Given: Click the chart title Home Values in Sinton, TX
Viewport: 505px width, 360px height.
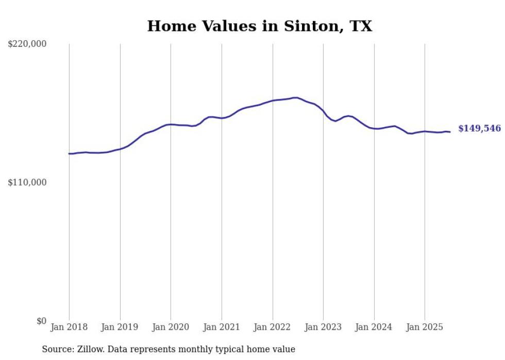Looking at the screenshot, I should click(x=259, y=26).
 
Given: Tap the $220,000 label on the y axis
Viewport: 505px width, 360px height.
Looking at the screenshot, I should click(x=27, y=44).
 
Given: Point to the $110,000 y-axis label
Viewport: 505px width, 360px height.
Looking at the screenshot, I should click(x=27, y=182).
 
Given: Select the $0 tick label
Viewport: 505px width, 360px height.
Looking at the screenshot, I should click(x=41, y=321).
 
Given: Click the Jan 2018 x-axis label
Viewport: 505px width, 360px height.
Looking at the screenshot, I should click(x=69, y=327).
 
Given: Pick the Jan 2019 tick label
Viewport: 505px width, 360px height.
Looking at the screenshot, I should click(x=120, y=327).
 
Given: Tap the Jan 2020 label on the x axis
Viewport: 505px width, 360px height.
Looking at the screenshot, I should click(x=171, y=327).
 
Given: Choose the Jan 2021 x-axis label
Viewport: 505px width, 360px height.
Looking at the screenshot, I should click(x=222, y=327).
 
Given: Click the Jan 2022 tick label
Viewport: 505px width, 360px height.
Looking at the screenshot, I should click(x=273, y=327).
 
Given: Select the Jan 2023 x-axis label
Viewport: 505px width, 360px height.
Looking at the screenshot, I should click(x=323, y=327).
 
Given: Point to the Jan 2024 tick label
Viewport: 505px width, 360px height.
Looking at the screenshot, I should click(x=374, y=327).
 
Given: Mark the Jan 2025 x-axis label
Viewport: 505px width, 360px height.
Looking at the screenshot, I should click(x=425, y=327).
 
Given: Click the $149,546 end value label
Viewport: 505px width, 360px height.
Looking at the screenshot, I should click(x=479, y=129).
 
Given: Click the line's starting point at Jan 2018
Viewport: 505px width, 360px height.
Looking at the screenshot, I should click(x=69, y=153).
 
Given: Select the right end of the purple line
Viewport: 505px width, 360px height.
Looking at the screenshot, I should click(x=450, y=132).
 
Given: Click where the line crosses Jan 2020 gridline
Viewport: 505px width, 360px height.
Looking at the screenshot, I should click(x=171, y=124).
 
